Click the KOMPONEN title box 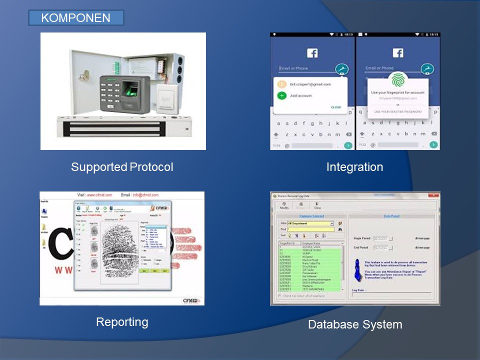[75, 18]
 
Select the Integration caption [354, 167]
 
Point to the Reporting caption [122, 322]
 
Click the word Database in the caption [332, 324]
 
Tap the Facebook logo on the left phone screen [312, 53]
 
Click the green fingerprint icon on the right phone [397, 80]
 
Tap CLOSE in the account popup [336, 107]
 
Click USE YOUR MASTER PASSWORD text [397, 111]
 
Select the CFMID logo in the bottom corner [191, 301]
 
